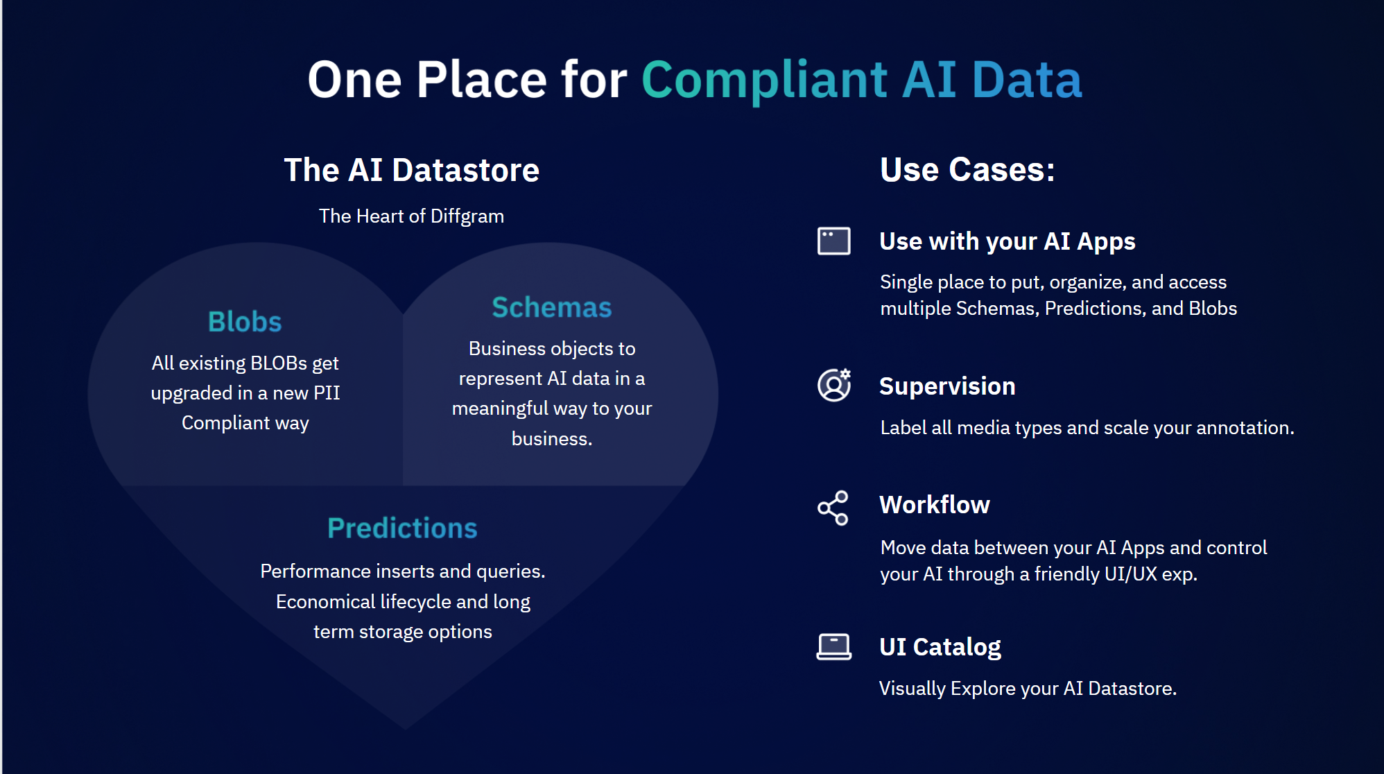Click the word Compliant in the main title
click(x=764, y=80)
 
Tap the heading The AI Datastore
click(x=412, y=170)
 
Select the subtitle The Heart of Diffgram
click(x=411, y=216)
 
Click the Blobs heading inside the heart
click(x=245, y=322)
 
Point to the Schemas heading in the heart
click(x=552, y=307)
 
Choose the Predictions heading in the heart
click(x=402, y=528)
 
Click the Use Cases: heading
click(x=967, y=170)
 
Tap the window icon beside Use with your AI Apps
click(x=833, y=241)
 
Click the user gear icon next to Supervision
click(x=834, y=385)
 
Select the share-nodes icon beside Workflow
click(x=833, y=508)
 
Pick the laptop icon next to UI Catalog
click(x=833, y=646)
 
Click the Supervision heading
click(x=947, y=386)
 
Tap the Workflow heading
click(x=935, y=505)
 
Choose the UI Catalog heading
click(x=940, y=647)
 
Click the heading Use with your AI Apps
click(x=1007, y=241)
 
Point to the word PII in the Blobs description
click(x=327, y=393)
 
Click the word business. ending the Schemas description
click(x=552, y=439)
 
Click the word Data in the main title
click(x=1027, y=80)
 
